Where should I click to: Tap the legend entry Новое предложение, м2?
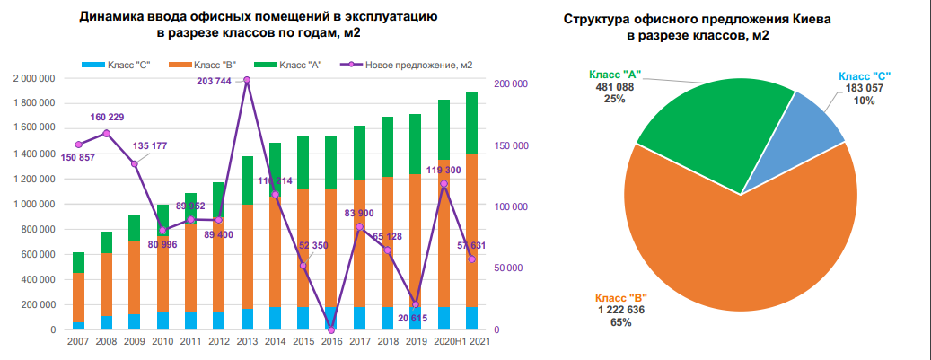[421, 65]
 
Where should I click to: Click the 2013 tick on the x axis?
[246, 342]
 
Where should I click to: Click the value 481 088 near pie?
[614, 87]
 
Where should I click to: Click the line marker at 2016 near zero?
[330, 329]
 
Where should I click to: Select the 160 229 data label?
[107, 118]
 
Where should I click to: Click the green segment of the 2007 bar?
[79, 262]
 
